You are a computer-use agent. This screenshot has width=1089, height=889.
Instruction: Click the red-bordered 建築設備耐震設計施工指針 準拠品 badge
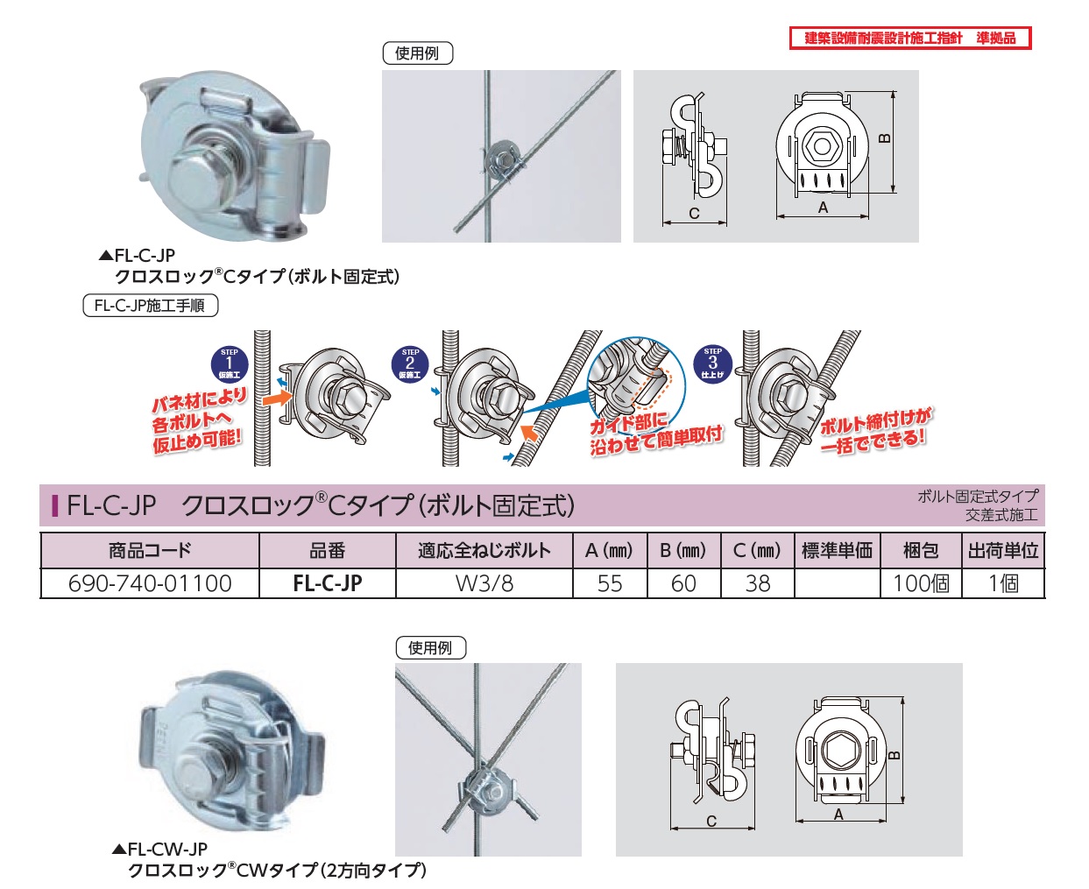tap(909, 39)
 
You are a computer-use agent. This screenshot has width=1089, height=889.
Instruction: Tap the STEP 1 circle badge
tap(230, 364)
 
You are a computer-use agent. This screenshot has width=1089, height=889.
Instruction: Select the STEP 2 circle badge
tap(410, 364)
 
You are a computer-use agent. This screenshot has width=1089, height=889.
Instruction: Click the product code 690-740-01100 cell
tap(150, 583)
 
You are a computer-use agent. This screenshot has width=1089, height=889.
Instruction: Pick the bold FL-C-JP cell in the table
tap(328, 583)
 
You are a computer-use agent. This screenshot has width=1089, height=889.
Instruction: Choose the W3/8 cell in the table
tap(484, 583)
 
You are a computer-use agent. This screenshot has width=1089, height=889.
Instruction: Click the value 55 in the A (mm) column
tap(610, 583)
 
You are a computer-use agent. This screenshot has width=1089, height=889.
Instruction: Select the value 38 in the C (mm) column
tap(758, 583)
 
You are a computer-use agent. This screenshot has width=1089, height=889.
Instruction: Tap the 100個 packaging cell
tap(921, 583)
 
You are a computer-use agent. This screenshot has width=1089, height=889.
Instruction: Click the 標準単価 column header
tap(837, 550)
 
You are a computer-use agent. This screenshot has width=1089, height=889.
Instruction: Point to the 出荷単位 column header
tap(1003, 550)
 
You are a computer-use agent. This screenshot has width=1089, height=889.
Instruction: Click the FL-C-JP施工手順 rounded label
tap(151, 306)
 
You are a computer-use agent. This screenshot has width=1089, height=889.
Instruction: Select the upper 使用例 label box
tap(417, 53)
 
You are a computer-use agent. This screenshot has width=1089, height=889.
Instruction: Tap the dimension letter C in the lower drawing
tap(711, 822)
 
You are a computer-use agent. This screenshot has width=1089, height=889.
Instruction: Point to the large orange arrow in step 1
tap(278, 399)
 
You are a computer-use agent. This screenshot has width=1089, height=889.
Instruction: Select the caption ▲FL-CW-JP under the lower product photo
tap(160, 849)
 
